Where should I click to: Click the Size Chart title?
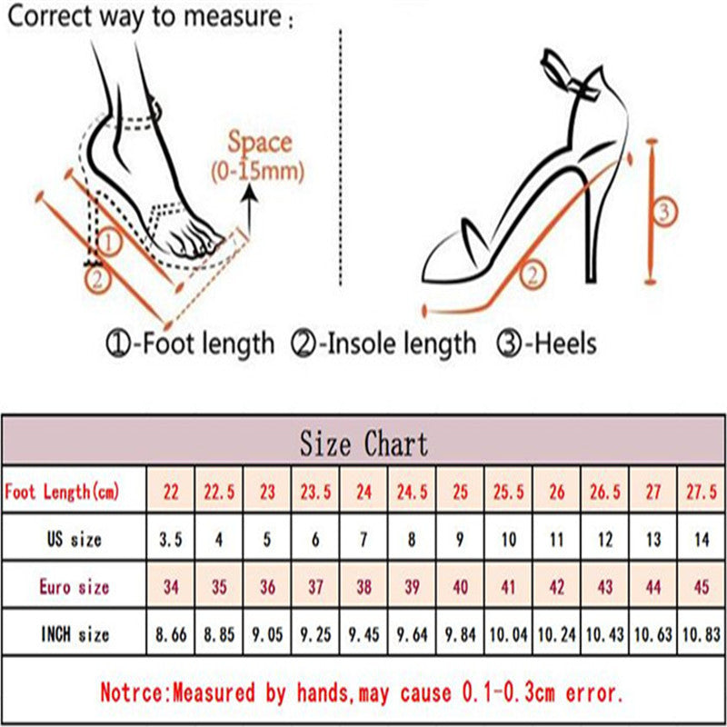363,443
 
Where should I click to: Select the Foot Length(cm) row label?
62,491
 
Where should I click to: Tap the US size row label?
74,539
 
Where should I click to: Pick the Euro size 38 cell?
364,586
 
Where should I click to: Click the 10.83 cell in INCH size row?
702,633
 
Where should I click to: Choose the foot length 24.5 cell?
412,492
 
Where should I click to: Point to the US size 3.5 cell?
171,539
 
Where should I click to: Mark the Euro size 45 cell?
702,586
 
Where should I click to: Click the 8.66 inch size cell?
171,633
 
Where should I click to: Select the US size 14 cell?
702,539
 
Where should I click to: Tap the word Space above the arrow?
259,143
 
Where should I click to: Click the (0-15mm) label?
258,172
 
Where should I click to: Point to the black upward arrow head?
251,191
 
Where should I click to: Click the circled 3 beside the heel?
664,212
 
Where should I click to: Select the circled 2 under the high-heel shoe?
533,276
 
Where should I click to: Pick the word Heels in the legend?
565,344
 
